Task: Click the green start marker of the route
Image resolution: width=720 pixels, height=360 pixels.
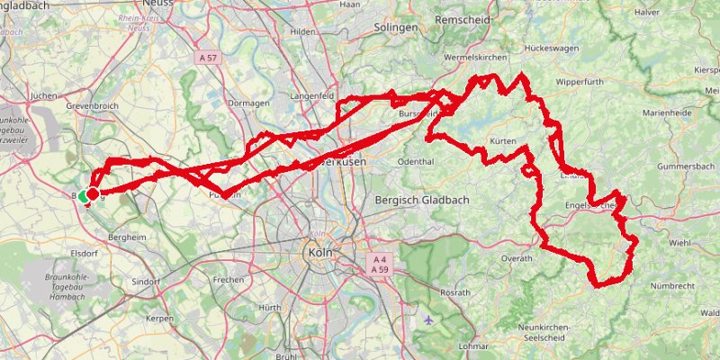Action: pyautogui.click(x=84, y=195)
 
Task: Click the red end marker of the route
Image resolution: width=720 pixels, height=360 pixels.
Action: pyautogui.click(x=93, y=193)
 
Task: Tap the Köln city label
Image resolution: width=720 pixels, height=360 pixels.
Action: pyautogui.click(x=320, y=254)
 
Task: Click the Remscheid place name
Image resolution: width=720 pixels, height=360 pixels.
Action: pyautogui.click(x=462, y=19)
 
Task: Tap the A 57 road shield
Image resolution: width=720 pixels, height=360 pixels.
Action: pyautogui.click(x=207, y=58)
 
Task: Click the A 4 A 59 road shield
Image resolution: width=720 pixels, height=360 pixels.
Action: pyautogui.click(x=378, y=263)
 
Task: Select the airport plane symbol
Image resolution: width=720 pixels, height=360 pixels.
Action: pyautogui.click(x=427, y=318)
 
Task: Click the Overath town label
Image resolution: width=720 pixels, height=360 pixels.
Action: pyautogui.click(x=516, y=257)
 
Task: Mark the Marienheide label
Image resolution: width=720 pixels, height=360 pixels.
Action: pyautogui.click(x=668, y=113)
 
